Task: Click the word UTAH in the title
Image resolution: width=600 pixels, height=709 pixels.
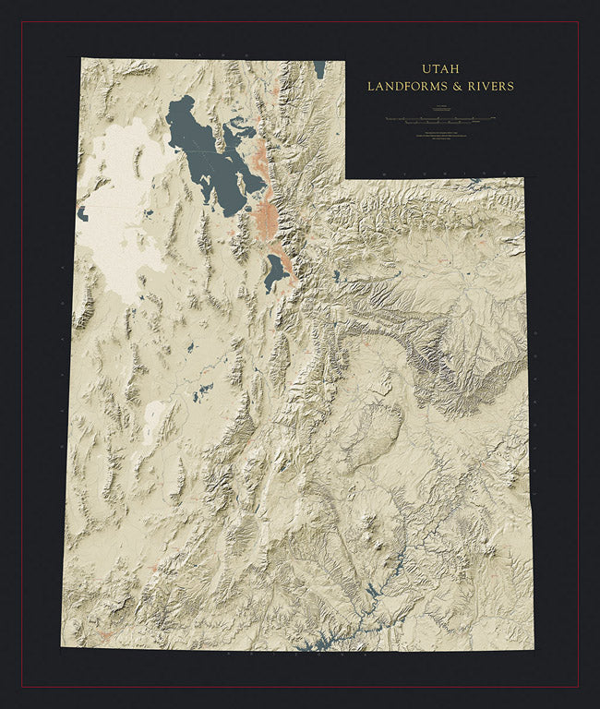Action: coord(439,69)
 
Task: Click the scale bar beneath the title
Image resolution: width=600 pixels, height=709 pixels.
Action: coord(439,119)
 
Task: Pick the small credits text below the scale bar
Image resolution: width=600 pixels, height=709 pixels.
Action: coord(439,137)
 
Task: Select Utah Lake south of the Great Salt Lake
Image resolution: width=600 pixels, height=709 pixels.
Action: coord(274,272)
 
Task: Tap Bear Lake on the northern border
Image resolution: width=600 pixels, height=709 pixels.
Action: coord(318,69)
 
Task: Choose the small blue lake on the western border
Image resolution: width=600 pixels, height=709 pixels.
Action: coord(82,214)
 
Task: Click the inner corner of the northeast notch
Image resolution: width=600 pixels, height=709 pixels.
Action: coord(345,178)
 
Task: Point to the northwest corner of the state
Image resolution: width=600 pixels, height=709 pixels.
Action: coord(81,59)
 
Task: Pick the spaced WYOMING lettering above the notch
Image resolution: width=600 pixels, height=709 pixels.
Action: coord(434,173)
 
